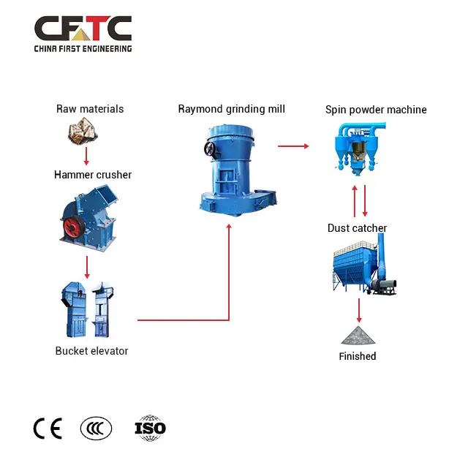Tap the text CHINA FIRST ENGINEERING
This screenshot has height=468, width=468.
[x=83, y=48]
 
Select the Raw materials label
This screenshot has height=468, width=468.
[x=90, y=109]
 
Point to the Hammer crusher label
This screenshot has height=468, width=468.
[x=93, y=175]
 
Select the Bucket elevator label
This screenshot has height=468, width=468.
[x=91, y=351]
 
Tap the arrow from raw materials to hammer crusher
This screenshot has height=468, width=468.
[x=86, y=155]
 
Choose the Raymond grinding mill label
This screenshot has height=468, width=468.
[x=231, y=109]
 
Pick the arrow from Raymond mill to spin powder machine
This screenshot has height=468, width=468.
[x=292, y=146]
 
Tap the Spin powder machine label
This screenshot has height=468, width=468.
[x=376, y=110]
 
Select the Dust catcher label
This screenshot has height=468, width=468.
[x=357, y=228]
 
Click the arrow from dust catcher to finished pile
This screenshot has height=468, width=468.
[x=358, y=311]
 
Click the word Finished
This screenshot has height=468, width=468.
[x=358, y=356]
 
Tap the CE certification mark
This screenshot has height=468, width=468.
[x=48, y=428]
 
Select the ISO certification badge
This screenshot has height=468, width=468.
[x=151, y=428]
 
